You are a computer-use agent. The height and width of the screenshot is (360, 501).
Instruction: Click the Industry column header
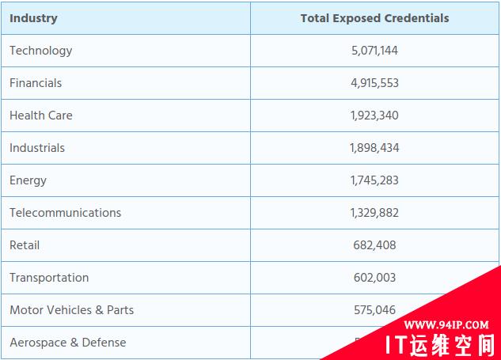33,18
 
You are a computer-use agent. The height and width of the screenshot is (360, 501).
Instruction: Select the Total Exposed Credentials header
374,18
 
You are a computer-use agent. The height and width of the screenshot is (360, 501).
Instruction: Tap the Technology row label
40,51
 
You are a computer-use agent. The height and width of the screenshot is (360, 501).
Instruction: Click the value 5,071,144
374,51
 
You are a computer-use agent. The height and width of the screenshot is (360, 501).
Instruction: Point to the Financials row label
36,83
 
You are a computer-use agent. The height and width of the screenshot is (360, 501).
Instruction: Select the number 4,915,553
374,83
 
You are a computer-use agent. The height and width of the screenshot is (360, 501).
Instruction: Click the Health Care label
40,116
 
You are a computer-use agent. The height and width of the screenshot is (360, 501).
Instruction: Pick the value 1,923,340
374,116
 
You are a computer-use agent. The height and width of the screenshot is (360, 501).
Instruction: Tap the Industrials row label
37,148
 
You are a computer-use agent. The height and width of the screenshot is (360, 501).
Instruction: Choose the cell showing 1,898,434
374,148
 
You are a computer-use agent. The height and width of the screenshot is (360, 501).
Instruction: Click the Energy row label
28,180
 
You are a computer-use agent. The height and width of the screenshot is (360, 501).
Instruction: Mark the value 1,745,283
374,180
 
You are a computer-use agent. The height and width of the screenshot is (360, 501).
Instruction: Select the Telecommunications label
65,213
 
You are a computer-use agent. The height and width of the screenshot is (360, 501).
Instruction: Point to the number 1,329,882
374,213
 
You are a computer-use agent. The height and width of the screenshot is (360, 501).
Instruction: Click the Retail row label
25,245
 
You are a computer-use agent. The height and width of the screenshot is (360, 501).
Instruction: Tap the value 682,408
374,245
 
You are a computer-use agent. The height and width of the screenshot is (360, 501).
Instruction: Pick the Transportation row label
49,278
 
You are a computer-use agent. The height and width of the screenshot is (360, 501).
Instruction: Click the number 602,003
374,278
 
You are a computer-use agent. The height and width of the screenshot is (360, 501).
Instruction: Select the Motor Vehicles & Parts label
71,310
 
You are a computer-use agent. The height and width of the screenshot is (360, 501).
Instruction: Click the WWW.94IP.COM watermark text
446,325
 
